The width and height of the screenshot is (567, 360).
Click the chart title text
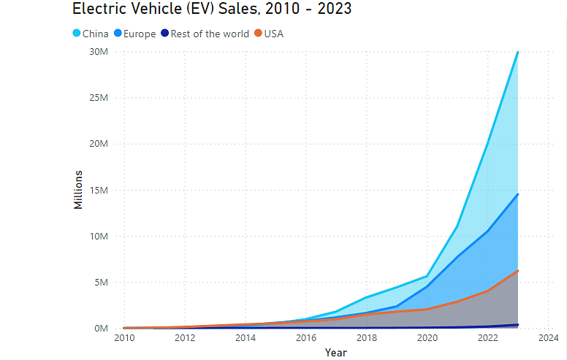[211, 9]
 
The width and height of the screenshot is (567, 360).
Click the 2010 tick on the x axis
[124, 338]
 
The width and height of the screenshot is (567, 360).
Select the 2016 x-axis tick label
[306, 338]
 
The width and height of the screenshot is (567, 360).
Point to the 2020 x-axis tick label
[427, 338]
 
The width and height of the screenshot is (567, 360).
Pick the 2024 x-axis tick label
[548, 338]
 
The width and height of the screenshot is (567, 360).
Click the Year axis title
[336, 353]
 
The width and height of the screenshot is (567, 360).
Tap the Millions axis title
[78, 189]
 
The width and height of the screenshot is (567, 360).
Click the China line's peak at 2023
[517, 52]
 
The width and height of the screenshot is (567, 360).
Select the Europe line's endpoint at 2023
[517, 194]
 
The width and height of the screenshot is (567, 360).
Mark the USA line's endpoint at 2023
[517, 271]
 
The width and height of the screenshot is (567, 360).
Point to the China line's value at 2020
[427, 276]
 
